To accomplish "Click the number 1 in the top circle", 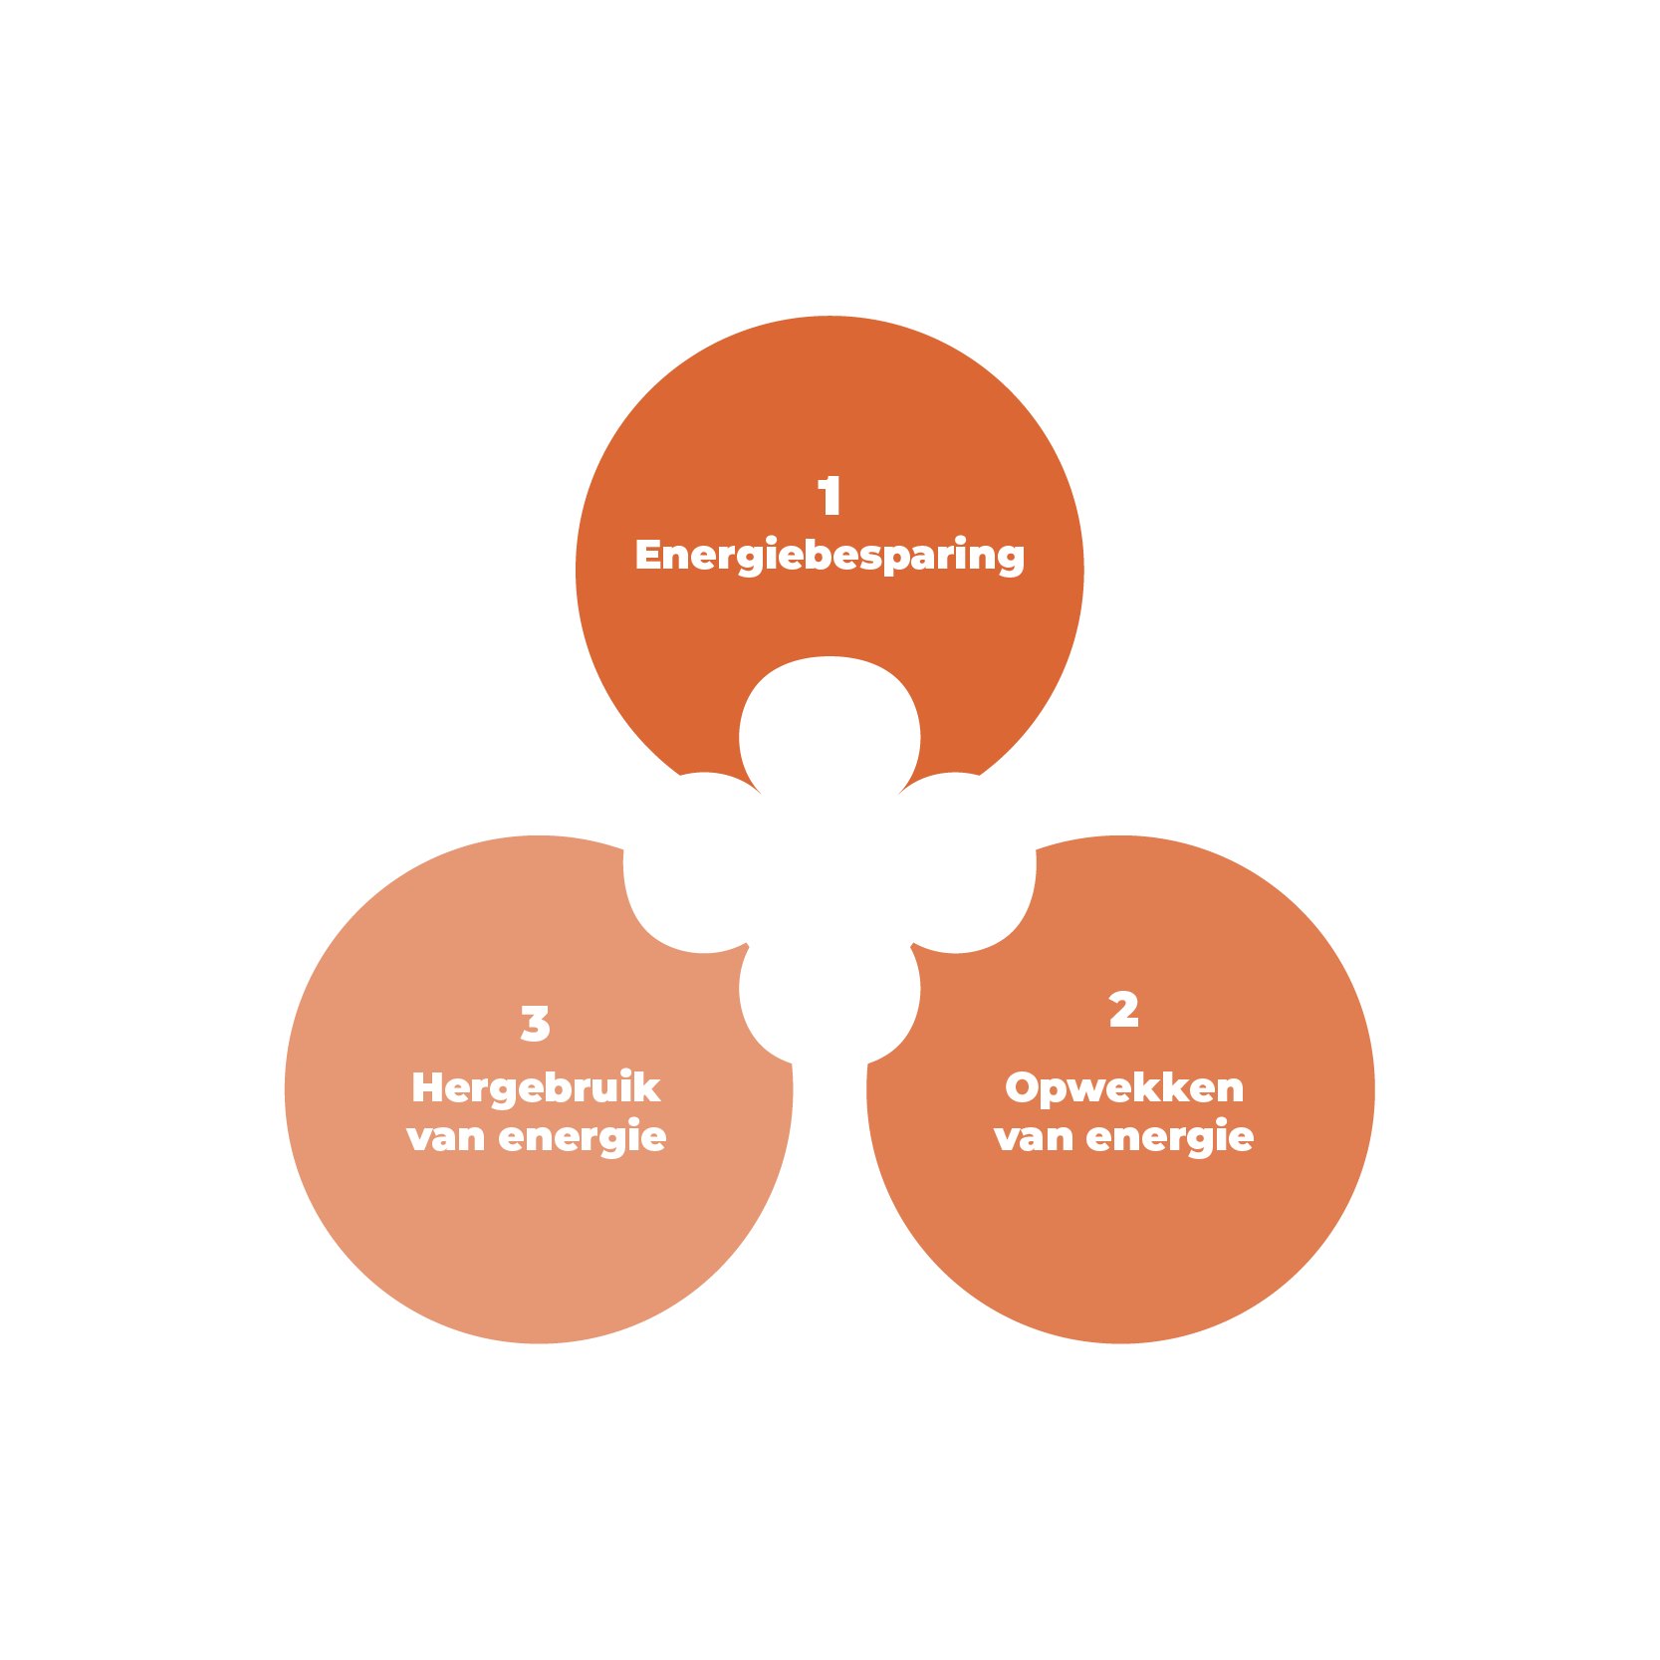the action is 830,496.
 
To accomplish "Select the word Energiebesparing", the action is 830,556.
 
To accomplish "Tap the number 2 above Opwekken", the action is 1123,1010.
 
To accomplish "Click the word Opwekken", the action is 1124,1088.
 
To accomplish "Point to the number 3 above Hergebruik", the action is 535,1024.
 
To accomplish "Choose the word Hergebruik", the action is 536,1088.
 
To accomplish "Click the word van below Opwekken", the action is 1033,1137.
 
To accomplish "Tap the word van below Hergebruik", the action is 445,1137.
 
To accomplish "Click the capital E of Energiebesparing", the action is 649,556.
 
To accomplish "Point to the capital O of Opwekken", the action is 1022,1088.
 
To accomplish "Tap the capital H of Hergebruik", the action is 427,1088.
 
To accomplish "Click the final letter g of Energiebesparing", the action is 1011,558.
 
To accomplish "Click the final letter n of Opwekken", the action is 1231,1089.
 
